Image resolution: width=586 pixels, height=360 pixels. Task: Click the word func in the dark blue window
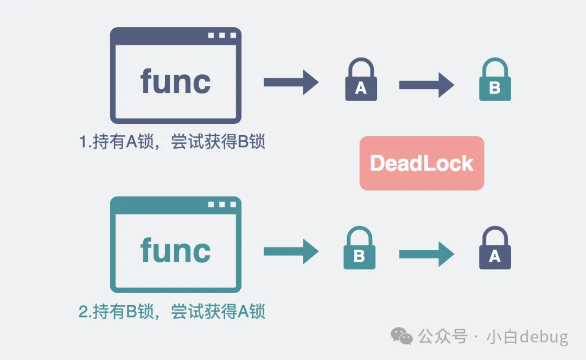pyautogui.click(x=175, y=81)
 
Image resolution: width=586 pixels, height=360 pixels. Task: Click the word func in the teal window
pyautogui.click(x=175, y=250)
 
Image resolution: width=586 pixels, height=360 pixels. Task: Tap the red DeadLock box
pyautogui.click(x=422, y=163)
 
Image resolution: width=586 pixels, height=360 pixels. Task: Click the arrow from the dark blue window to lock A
pyautogui.click(x=291, y=82)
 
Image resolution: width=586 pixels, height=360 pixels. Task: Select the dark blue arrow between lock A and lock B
pyautogui.click(x=426, y=85)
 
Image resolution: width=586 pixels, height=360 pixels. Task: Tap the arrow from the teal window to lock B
pyautogui.click(x=291, y=251)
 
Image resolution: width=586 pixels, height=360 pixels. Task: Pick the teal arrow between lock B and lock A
pyautogui.click(x=426, y=253)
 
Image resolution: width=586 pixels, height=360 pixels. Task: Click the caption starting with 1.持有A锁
pyautogui.click(x=172, y=142)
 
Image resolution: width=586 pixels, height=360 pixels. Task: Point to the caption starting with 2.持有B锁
pyautogui.click(x=172, y=312)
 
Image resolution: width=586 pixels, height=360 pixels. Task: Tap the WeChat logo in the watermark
pyautogui.click(x=403, y=336)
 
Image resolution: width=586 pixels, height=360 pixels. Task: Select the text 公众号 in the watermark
pyautogui.click(x=442, y=337)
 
